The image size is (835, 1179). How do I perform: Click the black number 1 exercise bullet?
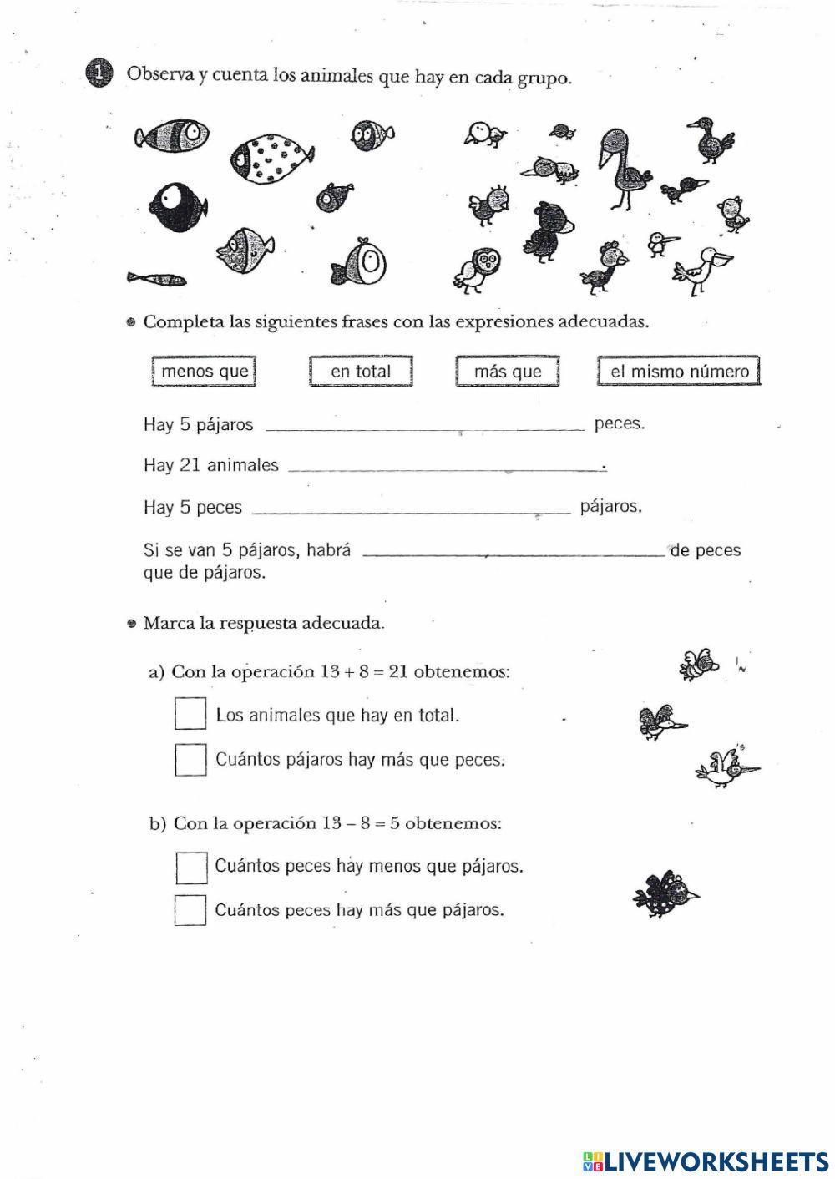click(x=99, y=73)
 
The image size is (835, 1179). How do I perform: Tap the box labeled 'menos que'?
click(x=204, y=371)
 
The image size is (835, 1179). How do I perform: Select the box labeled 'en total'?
click(x=361, y=371)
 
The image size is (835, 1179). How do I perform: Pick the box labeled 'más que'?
click(x=508, y=371)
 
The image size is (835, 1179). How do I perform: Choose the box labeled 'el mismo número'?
click(x=679, y=371)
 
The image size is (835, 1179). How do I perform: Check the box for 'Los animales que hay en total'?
click(x=190, y=714)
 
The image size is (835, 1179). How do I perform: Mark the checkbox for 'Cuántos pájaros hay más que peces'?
click(x=190, y=759)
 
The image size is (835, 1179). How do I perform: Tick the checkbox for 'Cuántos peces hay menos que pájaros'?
click(x=191, y=867)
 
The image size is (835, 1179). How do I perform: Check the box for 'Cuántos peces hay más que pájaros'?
click(x=190, y=910)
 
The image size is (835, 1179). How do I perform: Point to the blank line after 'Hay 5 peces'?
click(x=411, y=508)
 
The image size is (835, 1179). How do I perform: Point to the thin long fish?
click(x=156, y=278)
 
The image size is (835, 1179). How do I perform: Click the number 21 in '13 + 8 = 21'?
click(x=397, y=671)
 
